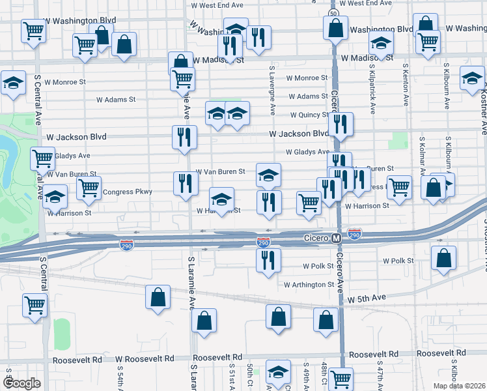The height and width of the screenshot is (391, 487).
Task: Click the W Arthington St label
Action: [x=309, y=285]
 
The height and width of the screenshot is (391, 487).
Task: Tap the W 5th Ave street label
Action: [x=367, y=298]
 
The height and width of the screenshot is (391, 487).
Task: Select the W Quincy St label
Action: [x=310, y=115]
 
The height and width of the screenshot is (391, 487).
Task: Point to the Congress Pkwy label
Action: [x=128, y=192]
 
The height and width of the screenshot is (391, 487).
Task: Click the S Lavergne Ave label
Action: [x=270, y=84]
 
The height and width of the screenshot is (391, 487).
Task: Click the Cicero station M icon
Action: [x=337, y=239]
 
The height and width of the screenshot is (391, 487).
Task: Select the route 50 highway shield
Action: [x=333, y=13]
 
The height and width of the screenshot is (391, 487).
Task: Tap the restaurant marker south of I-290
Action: [x=268, y=260]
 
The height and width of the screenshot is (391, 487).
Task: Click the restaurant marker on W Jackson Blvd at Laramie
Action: [x=184, y=137]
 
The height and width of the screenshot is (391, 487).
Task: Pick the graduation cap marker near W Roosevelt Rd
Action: [x=278, y=372]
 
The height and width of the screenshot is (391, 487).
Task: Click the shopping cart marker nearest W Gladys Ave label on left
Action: [x=42, y=158]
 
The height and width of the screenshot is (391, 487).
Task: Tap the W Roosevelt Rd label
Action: [x=145, y=359]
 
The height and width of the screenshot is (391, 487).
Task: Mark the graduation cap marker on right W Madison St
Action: [x=381, y=43]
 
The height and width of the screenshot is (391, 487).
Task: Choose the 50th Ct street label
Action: [x=249, y=374]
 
